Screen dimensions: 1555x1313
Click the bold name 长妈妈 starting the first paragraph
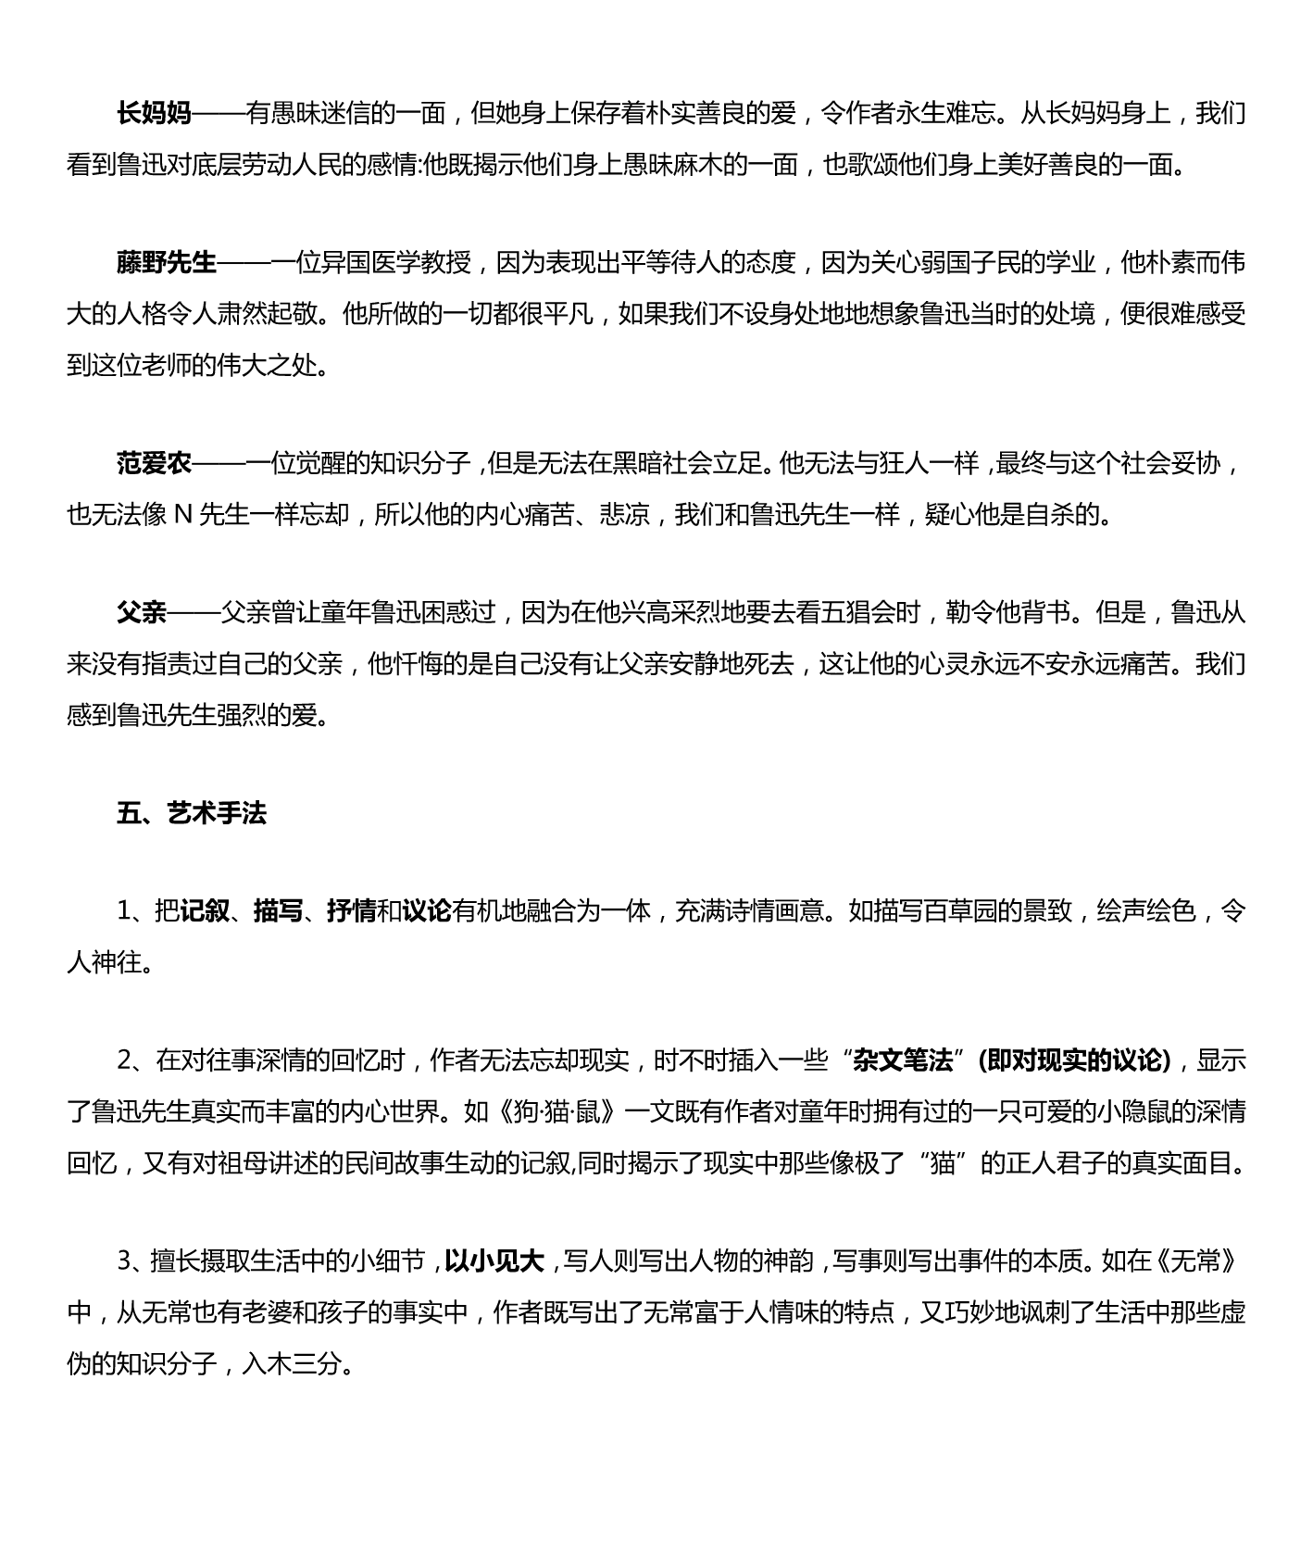[154, 114]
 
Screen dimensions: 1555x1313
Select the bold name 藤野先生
[167, 263]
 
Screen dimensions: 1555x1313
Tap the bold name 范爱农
[154, 463]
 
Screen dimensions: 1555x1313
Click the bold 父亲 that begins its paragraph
[142, 612]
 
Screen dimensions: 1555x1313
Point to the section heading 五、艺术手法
[192, 813]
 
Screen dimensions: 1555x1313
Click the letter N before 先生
[182, 514]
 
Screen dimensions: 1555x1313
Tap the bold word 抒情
[352, 912]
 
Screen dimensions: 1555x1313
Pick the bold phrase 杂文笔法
[904, 1060]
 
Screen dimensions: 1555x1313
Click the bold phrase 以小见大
[494, 1261]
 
